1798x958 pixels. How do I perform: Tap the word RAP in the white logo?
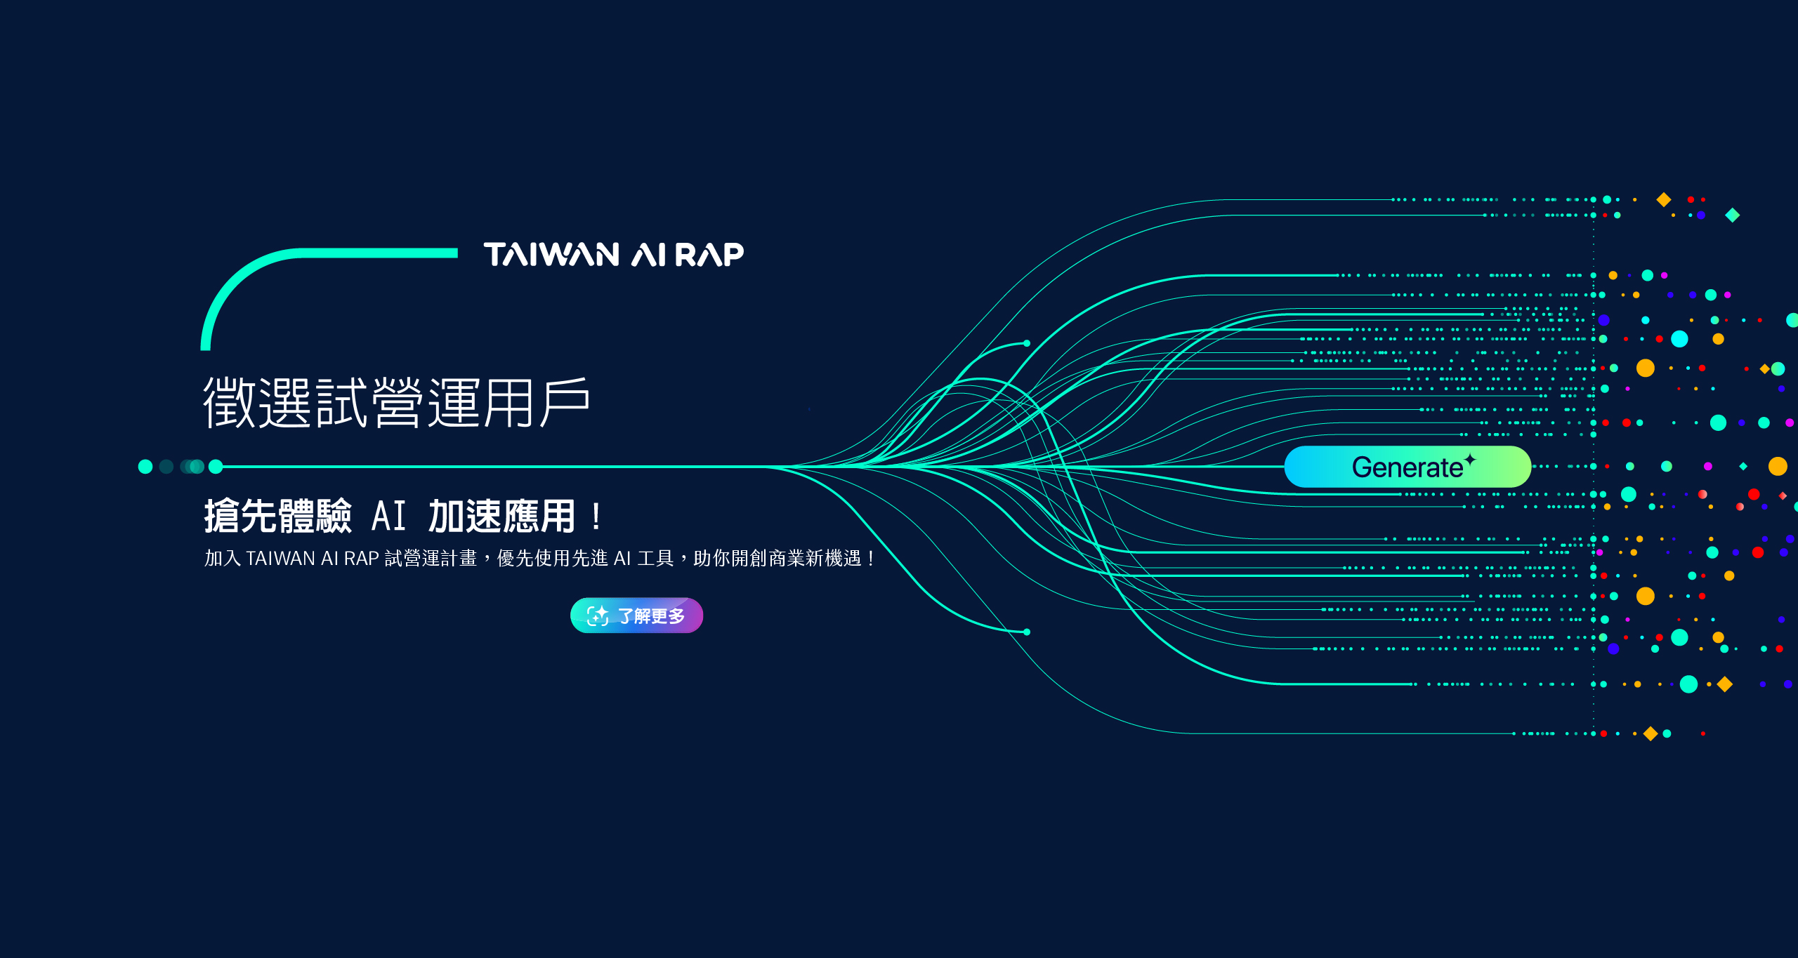pos(709,255)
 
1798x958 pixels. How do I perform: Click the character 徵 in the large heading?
pos(229,403)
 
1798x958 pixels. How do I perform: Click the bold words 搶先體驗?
pos(278,517)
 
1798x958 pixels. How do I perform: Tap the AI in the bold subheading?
pos(389,517)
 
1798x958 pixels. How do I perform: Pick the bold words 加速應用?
pos(501,517)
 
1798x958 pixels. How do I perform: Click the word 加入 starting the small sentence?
pos(223,559)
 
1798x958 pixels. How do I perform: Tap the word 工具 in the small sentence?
pos(655,559)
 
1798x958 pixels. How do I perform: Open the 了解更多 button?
pos(636,616)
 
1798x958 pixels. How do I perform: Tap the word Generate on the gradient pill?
pos(1407,467)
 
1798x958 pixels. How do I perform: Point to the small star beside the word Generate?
pos(1470,460)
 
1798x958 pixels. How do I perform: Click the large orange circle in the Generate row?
pos(1778,466)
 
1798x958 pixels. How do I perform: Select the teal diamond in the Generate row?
pos(1743,466)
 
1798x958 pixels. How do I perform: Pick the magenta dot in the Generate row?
pos(1708,466)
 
